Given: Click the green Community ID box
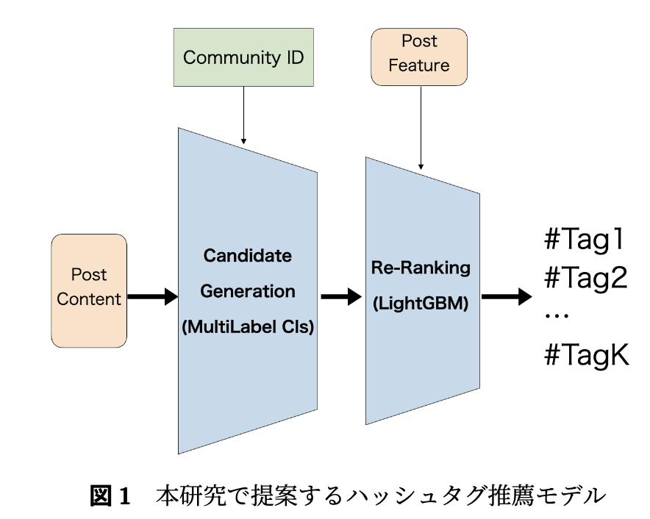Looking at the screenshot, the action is [243, 57].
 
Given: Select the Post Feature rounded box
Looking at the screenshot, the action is [419, 57].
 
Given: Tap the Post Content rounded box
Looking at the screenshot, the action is [89, 290].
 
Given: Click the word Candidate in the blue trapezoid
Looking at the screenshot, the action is [248, 255].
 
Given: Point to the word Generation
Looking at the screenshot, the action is [248, 291].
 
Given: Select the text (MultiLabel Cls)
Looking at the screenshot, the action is [248, 327].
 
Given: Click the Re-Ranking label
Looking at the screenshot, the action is [421, 268].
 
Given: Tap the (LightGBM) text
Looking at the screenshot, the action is [421, 304].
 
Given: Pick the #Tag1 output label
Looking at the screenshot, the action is [585, 239].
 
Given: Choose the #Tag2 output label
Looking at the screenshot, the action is [586, 277].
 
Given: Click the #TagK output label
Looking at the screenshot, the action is [587, 354].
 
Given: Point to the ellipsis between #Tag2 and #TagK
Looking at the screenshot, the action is [557, 316].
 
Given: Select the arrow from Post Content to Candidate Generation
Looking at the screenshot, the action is [152, 297].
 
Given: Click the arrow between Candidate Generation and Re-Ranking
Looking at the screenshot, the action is [341, 297].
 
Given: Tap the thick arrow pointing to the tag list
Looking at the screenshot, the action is [507, 297].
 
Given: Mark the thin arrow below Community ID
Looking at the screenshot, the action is [244, 115].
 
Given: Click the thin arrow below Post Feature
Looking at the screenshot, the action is [421, 128].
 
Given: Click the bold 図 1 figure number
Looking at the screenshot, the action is [110, 495].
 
